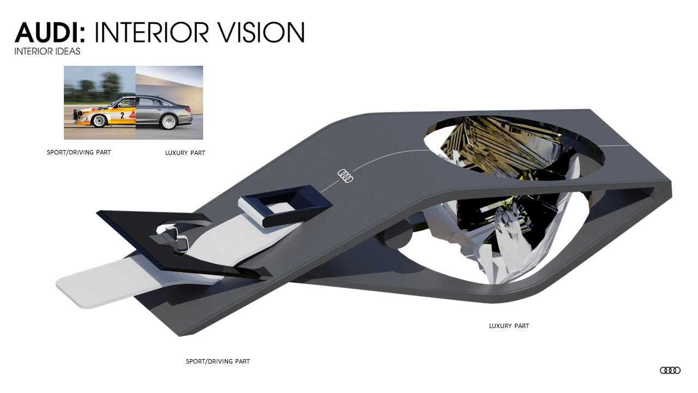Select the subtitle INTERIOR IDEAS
pos(47,51)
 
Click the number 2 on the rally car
pos(122,115)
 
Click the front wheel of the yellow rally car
pos(99,121)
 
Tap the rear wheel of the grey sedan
pos(168,121)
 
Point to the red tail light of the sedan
pos(189,108)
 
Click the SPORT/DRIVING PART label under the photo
pos(79,152)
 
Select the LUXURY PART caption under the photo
pos(185,153)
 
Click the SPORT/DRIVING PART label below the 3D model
pos(218,361)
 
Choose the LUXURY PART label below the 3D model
pos(509,326)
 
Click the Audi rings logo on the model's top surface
pos(345,175)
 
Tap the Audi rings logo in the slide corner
pos(670,370)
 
